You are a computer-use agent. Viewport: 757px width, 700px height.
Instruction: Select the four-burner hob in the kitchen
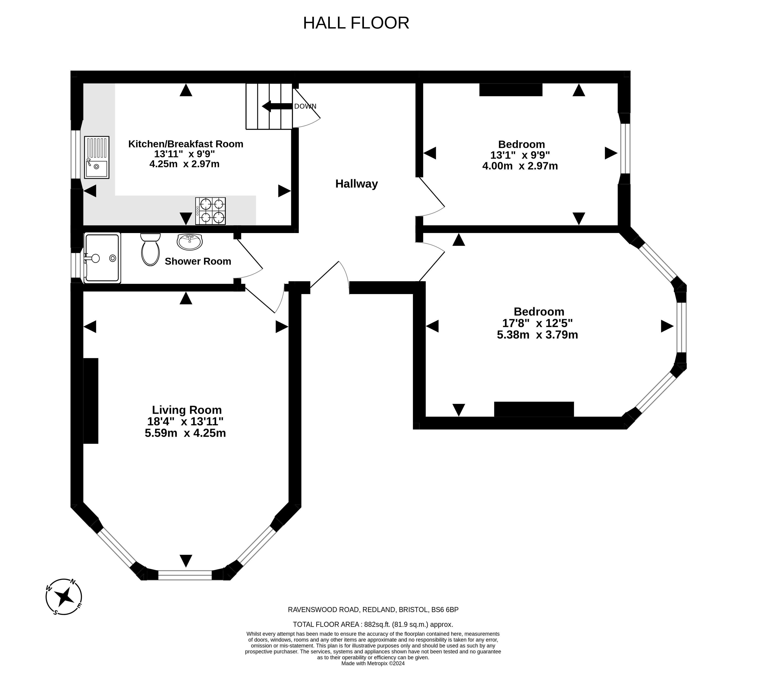(210, 211)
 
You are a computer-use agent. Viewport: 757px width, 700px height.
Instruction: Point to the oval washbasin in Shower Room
(190, 242)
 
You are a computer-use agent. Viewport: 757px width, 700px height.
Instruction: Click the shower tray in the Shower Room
(102, 258)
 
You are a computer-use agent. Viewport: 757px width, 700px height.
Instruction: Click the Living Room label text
(187, 410)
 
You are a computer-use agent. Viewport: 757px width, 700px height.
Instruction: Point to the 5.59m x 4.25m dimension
(185, 433)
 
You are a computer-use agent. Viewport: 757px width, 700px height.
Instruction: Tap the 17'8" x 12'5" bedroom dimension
(537, 323)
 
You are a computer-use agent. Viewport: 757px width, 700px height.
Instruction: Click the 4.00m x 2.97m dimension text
(520, 166)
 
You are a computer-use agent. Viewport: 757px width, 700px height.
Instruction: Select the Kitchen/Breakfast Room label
(186, 144)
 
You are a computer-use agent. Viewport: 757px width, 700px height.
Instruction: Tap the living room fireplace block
(91, 401)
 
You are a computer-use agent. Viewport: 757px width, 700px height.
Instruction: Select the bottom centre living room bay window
(185, 575)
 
